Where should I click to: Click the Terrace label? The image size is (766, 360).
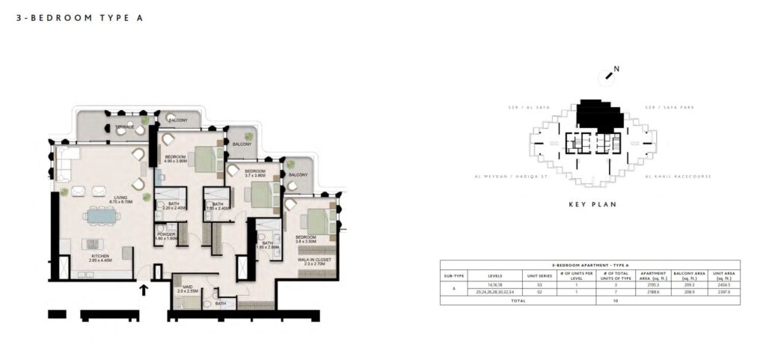(x=124, y=127)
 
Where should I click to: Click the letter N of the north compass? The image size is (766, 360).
(x=616, y=70)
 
